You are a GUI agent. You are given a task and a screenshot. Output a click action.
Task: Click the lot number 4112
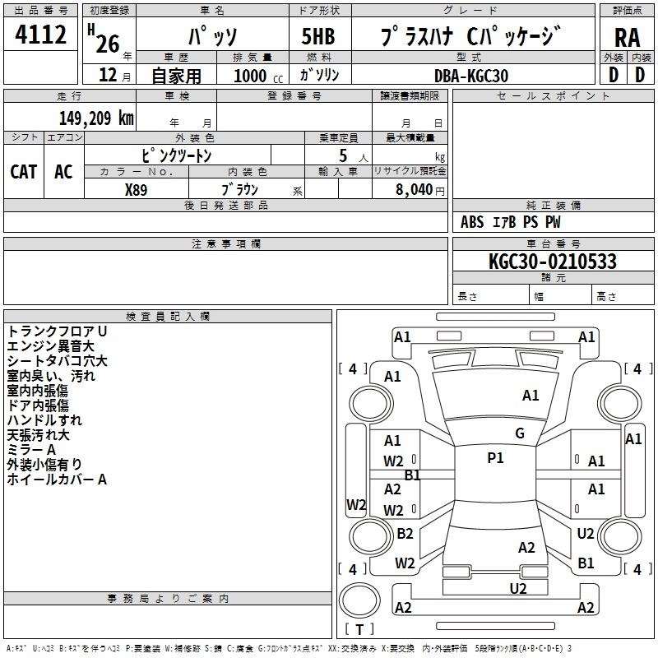(x=40, y=35)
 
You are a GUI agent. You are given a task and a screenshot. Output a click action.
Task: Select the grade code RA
(x=628, y=38)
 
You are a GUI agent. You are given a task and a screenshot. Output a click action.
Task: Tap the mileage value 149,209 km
(x=96, y=118)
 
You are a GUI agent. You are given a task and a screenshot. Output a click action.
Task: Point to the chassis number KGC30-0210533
(x=553, y=262)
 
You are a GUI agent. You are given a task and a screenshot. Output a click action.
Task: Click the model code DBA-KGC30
(x=471, y=76)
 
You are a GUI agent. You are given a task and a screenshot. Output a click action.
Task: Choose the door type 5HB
(x=318, y=36)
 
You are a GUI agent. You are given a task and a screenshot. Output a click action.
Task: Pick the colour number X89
(x=136, y=190)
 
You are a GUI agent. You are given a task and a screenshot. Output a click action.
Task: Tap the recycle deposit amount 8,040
(x=415, y=190)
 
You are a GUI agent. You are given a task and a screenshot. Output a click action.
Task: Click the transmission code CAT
(x=24, y=172)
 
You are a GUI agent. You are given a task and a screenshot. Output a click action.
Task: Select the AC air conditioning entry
(x=63, y=172)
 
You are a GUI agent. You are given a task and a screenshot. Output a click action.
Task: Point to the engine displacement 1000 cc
(x=258, y=76)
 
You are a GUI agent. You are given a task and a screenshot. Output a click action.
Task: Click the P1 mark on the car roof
(x=495, y=458)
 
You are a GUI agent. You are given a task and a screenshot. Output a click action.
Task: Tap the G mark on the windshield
(x=520, y=433)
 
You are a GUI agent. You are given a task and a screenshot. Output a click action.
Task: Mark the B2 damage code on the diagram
(x=405, y=533)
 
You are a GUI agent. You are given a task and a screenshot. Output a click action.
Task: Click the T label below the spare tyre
(x=359, y=629)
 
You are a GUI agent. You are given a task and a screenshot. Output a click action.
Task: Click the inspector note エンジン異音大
(x=51, y=346)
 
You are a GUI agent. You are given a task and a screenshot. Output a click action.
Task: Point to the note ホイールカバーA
(x=57, y=480)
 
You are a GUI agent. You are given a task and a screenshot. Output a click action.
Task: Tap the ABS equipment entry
(x=472, y=222)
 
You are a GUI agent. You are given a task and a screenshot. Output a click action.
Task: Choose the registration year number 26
(x=108, y=44)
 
